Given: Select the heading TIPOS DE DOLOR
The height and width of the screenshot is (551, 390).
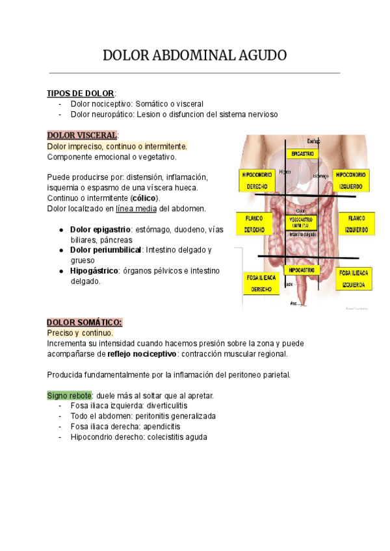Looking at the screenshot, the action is click(x=81, y=93).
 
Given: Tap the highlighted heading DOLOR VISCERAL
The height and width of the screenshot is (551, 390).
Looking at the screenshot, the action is click(x=82, y=135).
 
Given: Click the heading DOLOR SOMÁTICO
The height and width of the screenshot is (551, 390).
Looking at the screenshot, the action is click(x=84, y=322).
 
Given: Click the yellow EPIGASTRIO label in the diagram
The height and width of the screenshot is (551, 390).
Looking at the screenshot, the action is click(x=303, y=153).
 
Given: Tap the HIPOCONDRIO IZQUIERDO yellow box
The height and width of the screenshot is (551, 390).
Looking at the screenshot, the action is click(x=352, y=180).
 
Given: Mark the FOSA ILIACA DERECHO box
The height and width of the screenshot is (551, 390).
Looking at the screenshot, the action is click(x=261, y=283).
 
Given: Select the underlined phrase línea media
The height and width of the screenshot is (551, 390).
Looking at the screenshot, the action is click(x=136, y=209).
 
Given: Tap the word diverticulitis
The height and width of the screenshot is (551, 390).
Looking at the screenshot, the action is click(x=175, y=405).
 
